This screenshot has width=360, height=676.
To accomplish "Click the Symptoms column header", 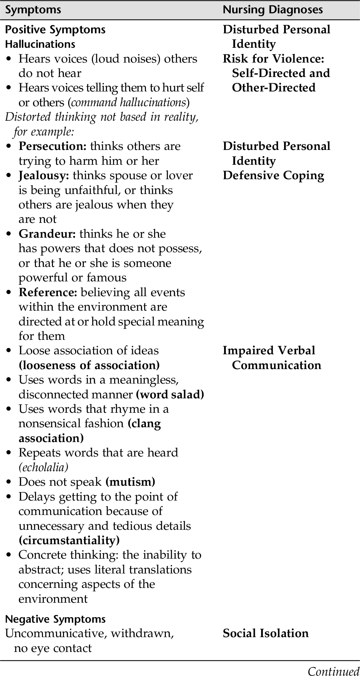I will point(33,10).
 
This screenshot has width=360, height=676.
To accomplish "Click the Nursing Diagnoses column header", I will point(273,10).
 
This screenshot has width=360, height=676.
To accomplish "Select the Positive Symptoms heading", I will point(55,30).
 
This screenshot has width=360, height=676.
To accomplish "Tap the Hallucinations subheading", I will point(40,44).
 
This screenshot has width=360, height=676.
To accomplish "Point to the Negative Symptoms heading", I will point(55,619).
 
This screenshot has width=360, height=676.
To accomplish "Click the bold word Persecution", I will point(52,146).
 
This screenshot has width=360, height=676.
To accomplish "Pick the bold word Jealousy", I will point(44,175).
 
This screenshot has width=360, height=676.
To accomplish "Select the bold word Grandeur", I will point(47,234).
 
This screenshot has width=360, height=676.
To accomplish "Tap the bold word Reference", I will point(48,292).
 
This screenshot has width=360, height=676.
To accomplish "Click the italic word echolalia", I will point(43,468).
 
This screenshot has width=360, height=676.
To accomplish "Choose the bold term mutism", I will point(130,482).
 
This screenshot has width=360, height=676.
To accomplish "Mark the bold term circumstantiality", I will point(69,541).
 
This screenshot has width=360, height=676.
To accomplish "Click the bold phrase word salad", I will point(170,395).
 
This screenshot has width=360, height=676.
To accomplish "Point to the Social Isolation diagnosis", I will point(266,633).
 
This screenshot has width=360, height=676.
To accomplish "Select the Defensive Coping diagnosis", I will point(273,175).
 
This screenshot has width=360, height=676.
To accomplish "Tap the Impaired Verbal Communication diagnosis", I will point(273,358).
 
